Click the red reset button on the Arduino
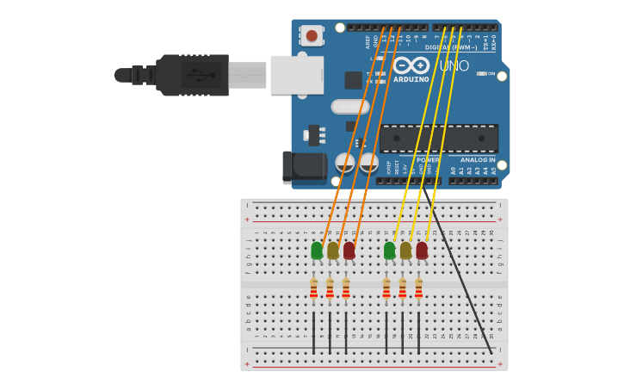click(x=312, y=35)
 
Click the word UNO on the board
click(x=454, y=66)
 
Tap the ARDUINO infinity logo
click(x=411, y=65)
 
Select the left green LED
click(x=317, y=251)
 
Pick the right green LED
click(x=390, y=251)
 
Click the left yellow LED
click(x=333, y=251)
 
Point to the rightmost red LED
click(x=422, y=251)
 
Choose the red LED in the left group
click(x=349, y=251)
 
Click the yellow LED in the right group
click(x=405, y=251)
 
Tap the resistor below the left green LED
click(x=313, y=288)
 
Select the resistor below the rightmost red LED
click(x=418, y=288)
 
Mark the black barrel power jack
click(x=304, y=167)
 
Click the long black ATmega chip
click(x=439, y=139)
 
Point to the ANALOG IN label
click(x=478, y=159)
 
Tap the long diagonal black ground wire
click(x=460, y=275)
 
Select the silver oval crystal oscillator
click(x=349, y=107)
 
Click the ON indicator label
click(x=491, y=73)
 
